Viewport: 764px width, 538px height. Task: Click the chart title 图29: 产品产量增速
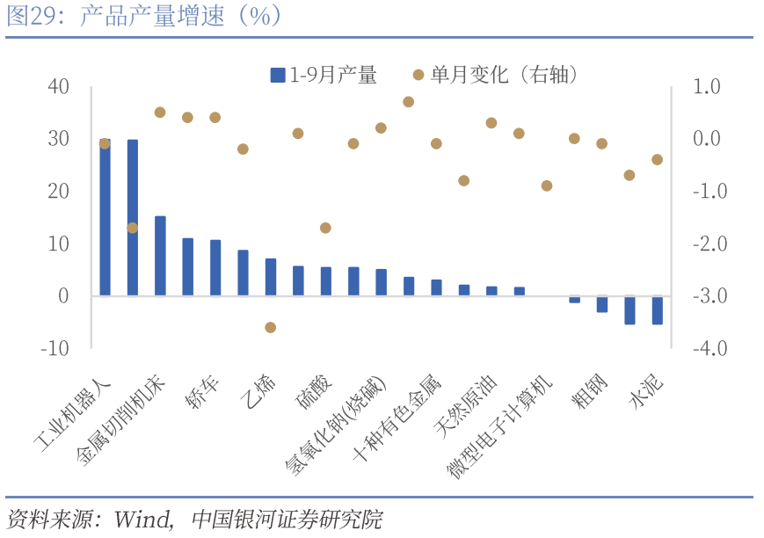[144, 17]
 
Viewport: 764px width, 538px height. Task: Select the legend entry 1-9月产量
[324, 76]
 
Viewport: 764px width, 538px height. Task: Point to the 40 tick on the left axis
[58, 86]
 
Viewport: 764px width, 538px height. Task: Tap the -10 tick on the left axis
[54, 348]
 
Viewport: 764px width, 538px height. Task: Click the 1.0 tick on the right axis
[706, 86]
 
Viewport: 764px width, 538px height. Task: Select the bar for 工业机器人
[105, 217]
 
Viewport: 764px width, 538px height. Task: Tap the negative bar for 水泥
[657, 309]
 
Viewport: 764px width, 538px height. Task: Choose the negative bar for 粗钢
[602, 303]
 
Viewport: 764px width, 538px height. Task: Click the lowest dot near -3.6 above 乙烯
[271, 327]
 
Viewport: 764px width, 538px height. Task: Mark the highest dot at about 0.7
[408, 102]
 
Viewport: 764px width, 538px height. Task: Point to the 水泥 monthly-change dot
[657, 159]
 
